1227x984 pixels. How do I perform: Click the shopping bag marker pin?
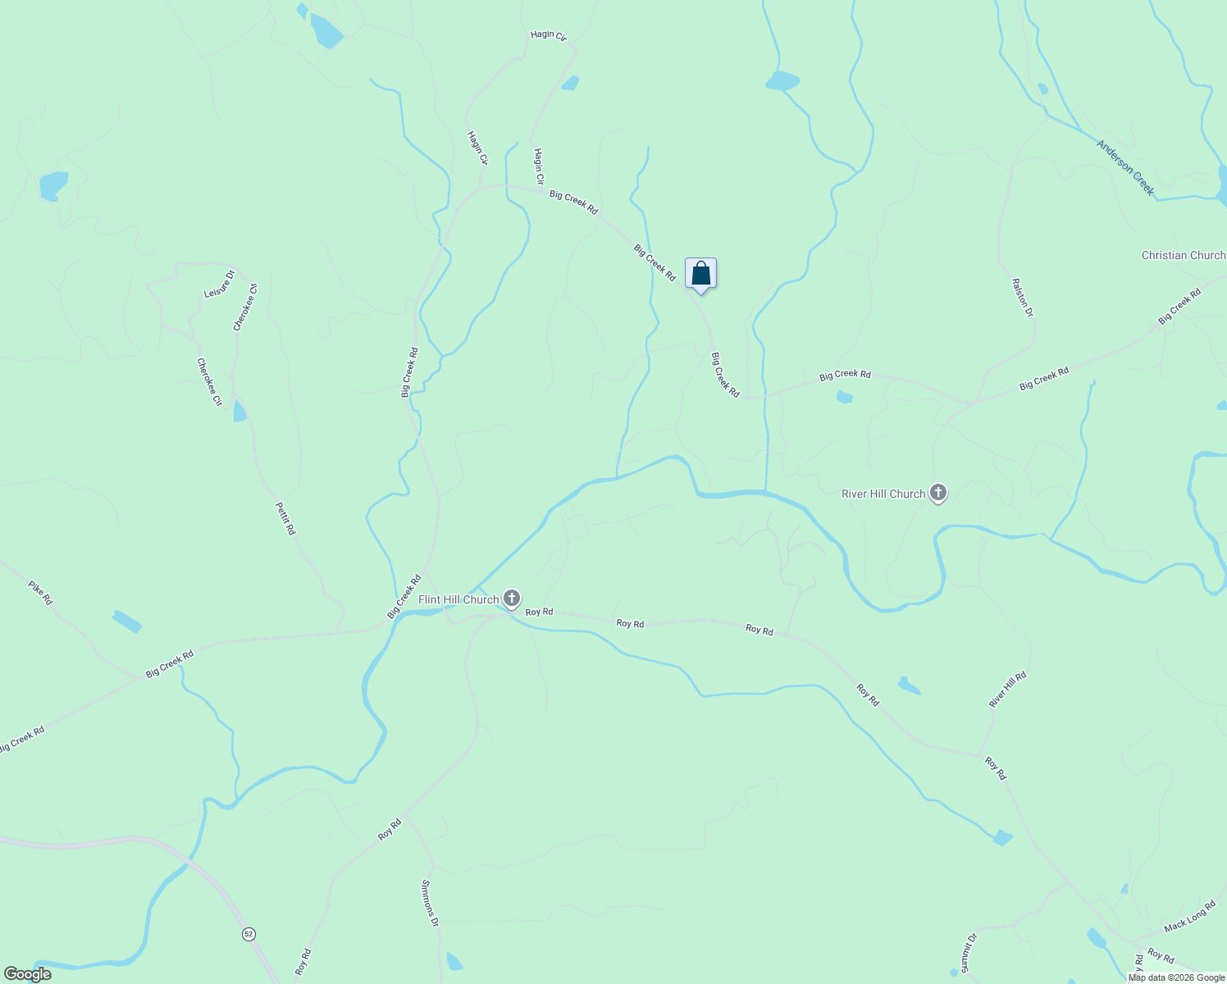700,274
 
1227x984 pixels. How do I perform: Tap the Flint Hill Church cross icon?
512,599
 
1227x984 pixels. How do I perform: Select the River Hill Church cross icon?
938,494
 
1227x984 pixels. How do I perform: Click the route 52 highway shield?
249,934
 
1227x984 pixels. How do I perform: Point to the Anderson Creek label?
1126,168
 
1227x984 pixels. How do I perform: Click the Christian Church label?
1183,255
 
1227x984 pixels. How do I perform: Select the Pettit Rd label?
285,518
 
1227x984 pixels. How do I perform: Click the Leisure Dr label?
219,284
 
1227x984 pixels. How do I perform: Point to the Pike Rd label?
40,593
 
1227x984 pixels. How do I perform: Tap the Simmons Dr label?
431,903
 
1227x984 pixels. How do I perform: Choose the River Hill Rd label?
1007,690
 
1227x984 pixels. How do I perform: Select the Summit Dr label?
969,952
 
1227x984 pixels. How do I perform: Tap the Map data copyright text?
1176,977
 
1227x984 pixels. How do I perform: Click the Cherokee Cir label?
209,381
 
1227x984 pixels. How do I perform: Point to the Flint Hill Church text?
458,599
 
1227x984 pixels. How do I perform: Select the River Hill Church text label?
883,494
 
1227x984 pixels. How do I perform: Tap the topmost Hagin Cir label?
548,35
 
